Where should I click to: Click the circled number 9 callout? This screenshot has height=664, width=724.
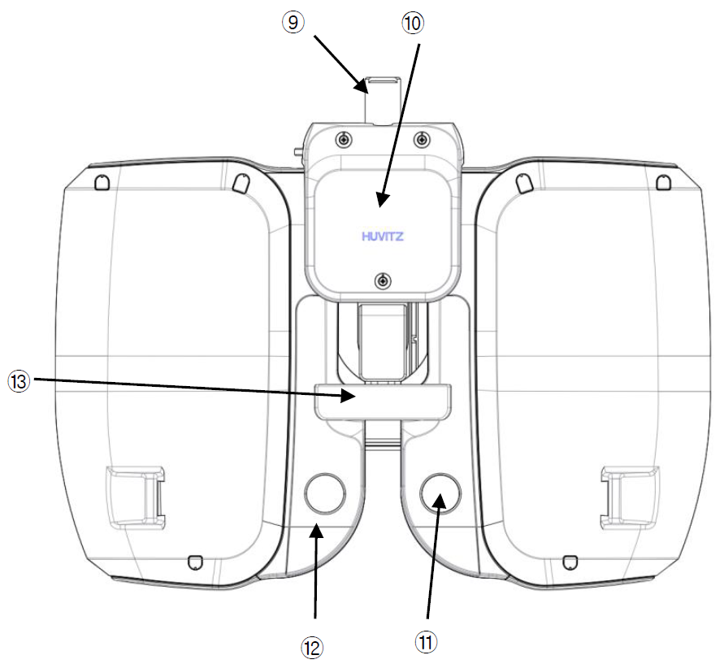pyautogui.click(x=293, y=22)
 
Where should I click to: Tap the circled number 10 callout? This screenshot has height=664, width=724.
pyautogui.click(x=412, y=23)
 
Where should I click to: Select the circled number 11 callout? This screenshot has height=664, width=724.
pyautogui.click(x=426, y=642)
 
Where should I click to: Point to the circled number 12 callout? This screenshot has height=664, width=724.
pyautogui.click(x=312, y=648)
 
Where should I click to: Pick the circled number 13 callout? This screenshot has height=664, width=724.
pyautogui.click(x=19, y=382)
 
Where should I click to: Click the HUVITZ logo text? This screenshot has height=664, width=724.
pyautogui.click(x=383, y=237)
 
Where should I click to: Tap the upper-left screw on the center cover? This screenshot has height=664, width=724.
pyautogui.click(x=344, y=138)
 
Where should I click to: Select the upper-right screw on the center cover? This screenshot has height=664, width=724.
pyautogui.click(x=421, y=138)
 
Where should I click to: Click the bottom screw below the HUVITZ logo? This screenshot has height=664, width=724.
pyautogui.click(x=383, y=280)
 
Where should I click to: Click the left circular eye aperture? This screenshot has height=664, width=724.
pyautogui.click(x=324, y=493)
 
